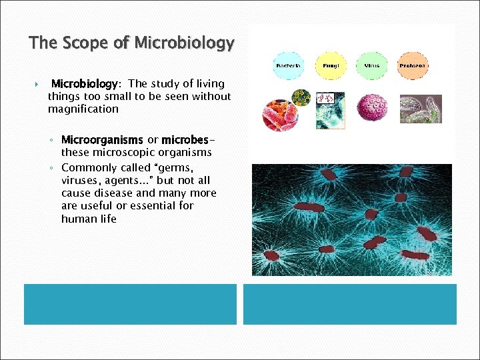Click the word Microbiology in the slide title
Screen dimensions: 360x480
(x=184, y=44)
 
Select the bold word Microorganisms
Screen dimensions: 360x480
(x=102, y=140)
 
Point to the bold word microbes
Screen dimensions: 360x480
(x=185, y=140)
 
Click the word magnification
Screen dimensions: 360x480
(x=83, y=109)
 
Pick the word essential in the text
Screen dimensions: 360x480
(x=143, y=206)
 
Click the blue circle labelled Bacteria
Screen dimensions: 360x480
(x=287, y=65)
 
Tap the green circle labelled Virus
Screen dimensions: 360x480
(x=371, y=65)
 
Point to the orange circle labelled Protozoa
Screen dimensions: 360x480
(x=413, y=65)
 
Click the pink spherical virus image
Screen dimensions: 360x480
(x=372, y=107)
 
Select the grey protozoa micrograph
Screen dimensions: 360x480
(x=420, y=109)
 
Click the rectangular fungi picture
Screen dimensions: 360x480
(x=330, y=110)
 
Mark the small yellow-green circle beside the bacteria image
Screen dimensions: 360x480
(x=302, y=97)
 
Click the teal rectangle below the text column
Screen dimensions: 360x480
(x=130, y=304)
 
